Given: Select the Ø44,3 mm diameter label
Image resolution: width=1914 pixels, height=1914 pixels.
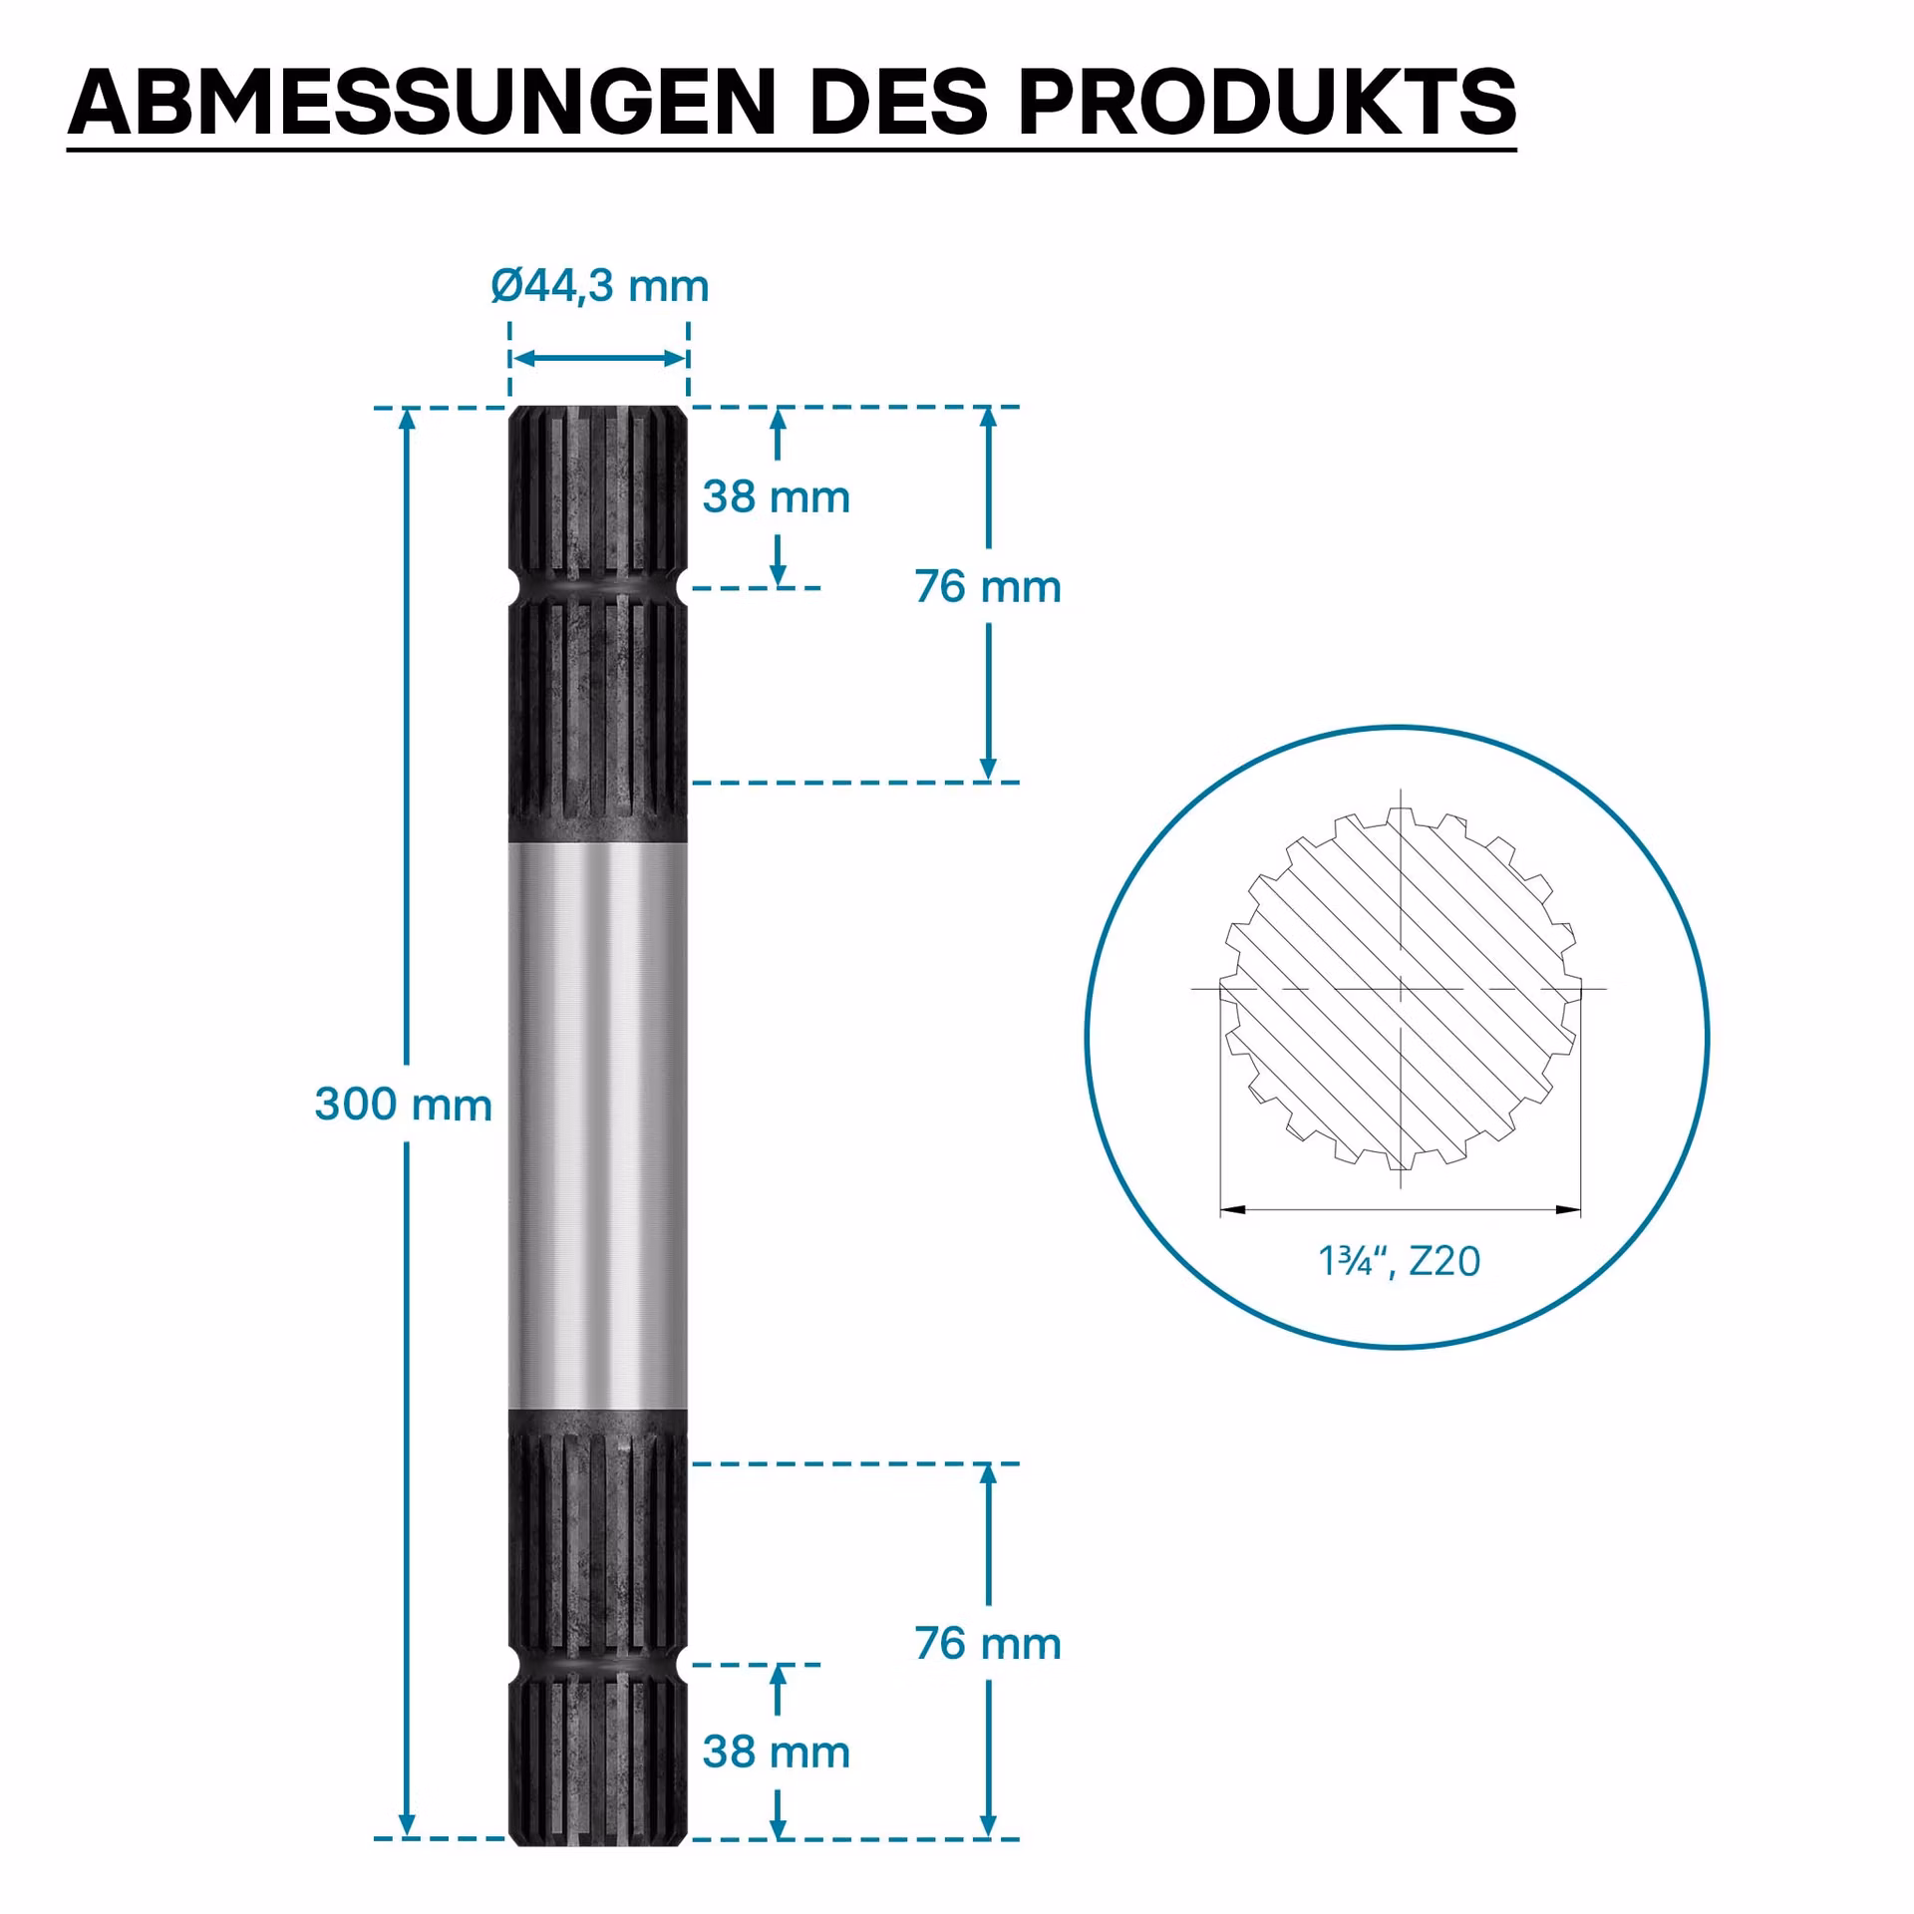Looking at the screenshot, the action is pos(599,286).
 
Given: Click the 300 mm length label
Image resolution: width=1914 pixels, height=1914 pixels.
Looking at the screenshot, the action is pos(404,1105).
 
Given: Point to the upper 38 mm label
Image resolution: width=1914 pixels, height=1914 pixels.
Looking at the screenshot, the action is pos(777,496).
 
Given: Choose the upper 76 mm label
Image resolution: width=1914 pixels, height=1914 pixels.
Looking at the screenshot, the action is pos(988,586).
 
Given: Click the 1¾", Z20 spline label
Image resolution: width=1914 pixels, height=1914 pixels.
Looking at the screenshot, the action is pos(1400,1261).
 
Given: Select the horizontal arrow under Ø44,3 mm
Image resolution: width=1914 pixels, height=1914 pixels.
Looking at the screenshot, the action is pos(599,359).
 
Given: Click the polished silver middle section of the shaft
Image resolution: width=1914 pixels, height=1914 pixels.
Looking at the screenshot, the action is pos(598,1125).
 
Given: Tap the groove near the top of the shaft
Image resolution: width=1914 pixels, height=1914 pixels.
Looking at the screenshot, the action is pos(598,586).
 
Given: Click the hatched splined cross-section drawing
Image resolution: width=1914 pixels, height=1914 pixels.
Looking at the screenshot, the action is pos(1401,989).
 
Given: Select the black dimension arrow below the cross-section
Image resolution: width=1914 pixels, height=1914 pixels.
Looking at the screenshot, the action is pos(1401,1210).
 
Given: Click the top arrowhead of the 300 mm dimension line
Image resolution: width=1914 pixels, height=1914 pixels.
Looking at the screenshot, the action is pos(407,419).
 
